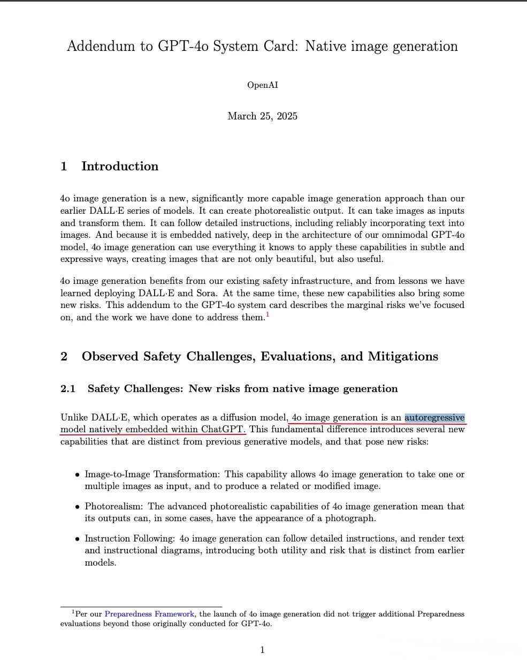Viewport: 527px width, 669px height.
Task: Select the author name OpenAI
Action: pyautogui.click(x=262, y=85)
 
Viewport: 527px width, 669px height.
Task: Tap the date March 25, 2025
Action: pyautogui.click(x=262, y=116)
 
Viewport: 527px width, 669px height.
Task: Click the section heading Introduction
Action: pyautogui.click(x=119, y=166)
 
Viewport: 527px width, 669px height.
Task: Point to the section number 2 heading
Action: pyautogui.click(x=64, y=357)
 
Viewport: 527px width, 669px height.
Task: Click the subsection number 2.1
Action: pyautogui.click(x=68, y=389)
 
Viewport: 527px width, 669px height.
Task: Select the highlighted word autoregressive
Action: pyautogui.click(x=434, y=418)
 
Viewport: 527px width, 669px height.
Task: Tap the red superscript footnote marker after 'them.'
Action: pyautogui.click(x=268, y=315)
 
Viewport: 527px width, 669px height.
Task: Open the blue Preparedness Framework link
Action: pyautogui.click(x=149, y=614)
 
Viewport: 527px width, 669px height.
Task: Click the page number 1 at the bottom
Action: pyautogui.click(x=262, y=650)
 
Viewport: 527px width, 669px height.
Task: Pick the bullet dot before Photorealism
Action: pyautogui.click(x=78, y=507)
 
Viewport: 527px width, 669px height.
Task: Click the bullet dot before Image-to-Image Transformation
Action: pyautogui.click(x=78, y=475)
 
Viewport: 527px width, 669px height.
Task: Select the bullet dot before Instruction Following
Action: pyautogui.click(x=78, y=539)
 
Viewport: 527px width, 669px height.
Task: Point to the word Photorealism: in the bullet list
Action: pyautogui.click(x=114, y=506)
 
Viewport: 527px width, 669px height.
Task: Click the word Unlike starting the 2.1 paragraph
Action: pyautogui.click(x=74, y=418)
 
